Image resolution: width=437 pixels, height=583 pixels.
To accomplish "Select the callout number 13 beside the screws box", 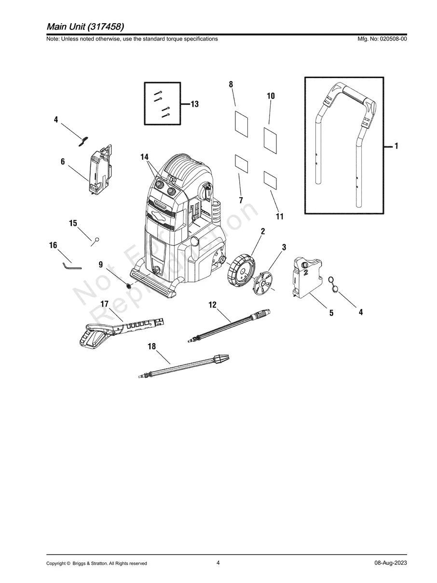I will [194, 104].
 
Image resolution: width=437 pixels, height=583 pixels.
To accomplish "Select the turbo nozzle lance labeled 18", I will [183, 366].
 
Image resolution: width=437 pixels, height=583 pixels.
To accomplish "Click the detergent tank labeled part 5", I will [304, 278].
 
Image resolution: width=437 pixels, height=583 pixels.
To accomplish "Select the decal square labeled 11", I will [271, 180].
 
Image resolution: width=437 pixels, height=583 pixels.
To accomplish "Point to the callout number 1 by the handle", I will [396, 146].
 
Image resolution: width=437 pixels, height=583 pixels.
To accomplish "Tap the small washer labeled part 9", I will [129, 285].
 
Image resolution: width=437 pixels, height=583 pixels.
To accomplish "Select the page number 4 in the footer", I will [218, 563].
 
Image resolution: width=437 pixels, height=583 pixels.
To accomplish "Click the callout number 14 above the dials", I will [145, 157].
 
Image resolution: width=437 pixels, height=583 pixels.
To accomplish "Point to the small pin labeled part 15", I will [97, 239].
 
